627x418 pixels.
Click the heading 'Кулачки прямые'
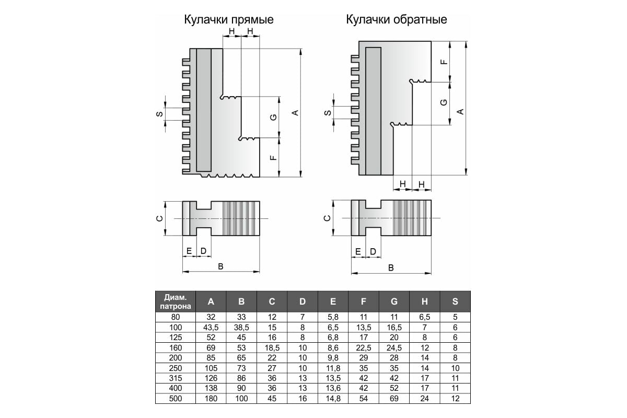(x=229, y=20)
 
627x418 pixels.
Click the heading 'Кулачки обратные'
(x=397, y=20)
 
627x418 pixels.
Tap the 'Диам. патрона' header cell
(x=176, y=301)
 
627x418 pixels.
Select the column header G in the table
(x=394, y=301)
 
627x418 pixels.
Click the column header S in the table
(x=455, y=301)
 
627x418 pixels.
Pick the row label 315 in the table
(x=176, y=378)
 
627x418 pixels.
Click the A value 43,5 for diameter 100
(x=211, y=328)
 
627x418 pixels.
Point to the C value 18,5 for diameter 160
(x=272, y=348)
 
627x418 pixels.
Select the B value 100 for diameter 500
(x=241, y=399)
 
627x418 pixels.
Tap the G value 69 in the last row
(x=394, y=399)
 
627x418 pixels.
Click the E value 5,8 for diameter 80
(x=333, y=317)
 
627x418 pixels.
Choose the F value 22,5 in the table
(x=363, y=348)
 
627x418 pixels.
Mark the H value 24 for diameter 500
(x=425, y=399)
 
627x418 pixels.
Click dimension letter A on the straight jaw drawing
(x=295, y=113)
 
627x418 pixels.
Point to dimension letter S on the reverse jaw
(x=328, y=113)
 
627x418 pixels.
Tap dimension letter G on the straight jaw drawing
(x=273, y=118)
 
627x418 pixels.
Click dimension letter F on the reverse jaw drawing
(x=444, y=62)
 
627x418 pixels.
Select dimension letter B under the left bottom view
(x=220, y=266)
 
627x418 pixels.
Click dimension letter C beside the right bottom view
(x=327, y=218)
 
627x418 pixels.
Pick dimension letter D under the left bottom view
(x=203, y=251)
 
